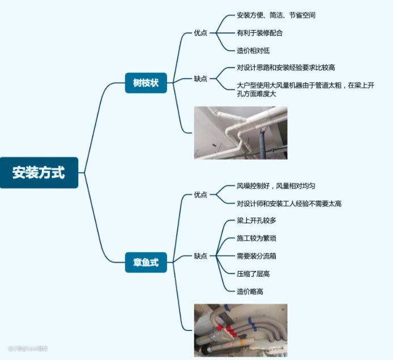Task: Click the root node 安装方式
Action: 39,172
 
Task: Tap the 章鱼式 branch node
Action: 146,262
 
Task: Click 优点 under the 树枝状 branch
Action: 200,33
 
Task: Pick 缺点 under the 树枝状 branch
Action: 200,79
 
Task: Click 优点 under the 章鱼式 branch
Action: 200,194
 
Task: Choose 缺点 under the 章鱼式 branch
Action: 200,256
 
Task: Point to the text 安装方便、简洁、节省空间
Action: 276,15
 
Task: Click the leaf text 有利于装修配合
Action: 260,33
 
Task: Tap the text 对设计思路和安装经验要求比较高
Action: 286,68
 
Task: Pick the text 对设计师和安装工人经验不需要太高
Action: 289,204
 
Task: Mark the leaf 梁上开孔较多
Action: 257,221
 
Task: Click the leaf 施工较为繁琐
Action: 257,238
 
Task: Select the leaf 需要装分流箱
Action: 257,256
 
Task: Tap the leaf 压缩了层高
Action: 253,273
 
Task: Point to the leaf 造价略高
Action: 250,291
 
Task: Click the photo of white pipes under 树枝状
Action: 241,133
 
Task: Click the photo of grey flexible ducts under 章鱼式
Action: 241,330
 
